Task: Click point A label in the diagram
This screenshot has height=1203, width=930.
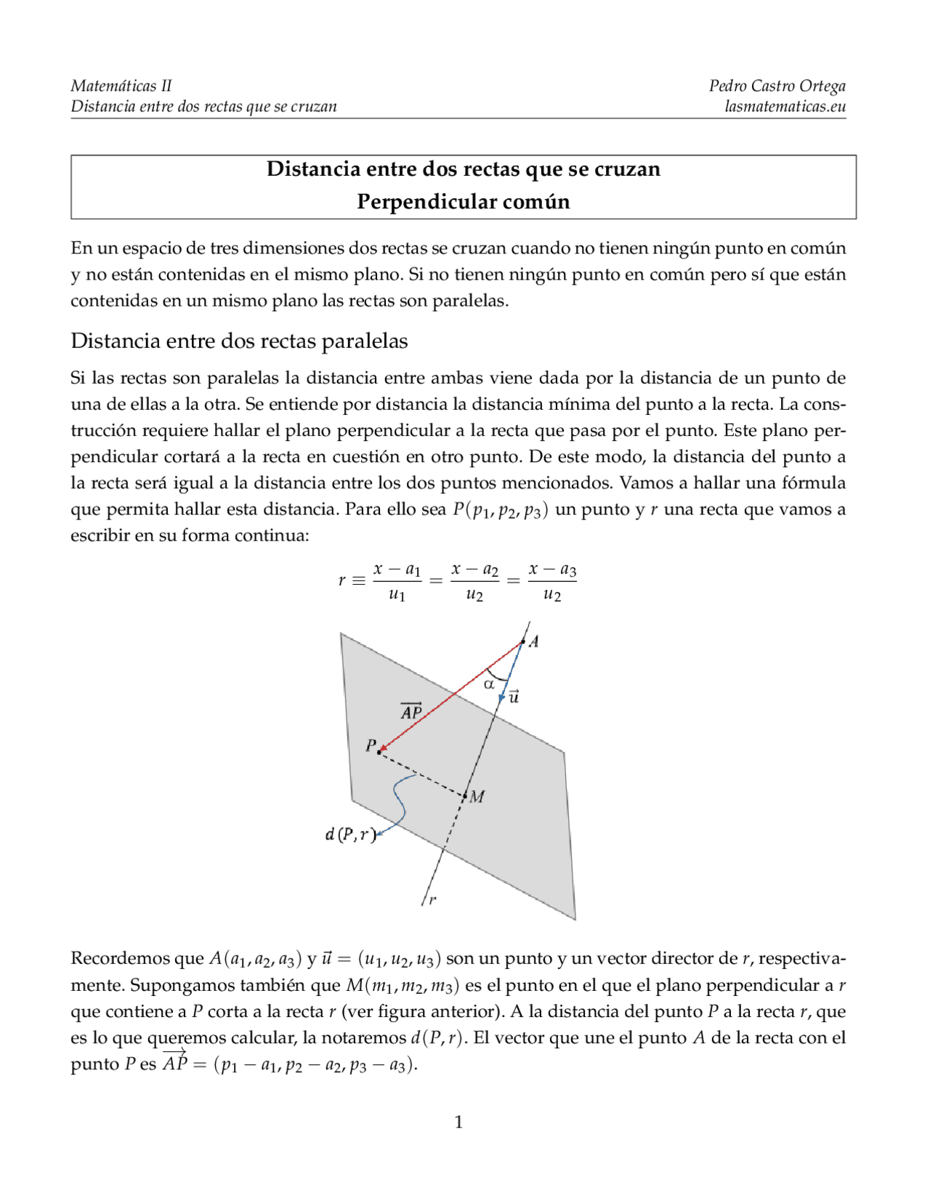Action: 534,641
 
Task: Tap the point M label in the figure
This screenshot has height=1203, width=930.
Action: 477,797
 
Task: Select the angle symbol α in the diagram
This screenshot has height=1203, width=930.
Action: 489,684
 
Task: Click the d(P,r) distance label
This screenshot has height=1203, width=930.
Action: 350,835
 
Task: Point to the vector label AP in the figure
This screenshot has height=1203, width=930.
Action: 411,712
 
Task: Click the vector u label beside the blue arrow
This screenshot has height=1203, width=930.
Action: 514,697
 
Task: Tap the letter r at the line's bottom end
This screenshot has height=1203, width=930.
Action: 433,900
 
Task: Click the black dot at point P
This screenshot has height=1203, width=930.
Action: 379,752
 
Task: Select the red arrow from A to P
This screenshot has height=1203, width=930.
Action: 450,697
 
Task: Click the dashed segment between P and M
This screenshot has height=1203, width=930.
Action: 421,773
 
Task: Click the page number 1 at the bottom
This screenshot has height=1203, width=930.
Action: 458,1122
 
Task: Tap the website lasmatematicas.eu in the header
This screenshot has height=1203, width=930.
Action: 785,107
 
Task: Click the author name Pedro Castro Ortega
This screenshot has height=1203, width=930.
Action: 777,86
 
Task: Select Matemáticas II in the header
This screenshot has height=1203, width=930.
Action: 121,86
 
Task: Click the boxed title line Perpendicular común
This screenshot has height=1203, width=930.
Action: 464,201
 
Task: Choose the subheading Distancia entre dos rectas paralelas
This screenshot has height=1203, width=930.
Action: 239,341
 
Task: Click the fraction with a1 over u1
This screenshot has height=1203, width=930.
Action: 397,582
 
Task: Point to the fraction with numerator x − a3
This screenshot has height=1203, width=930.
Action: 552,582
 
